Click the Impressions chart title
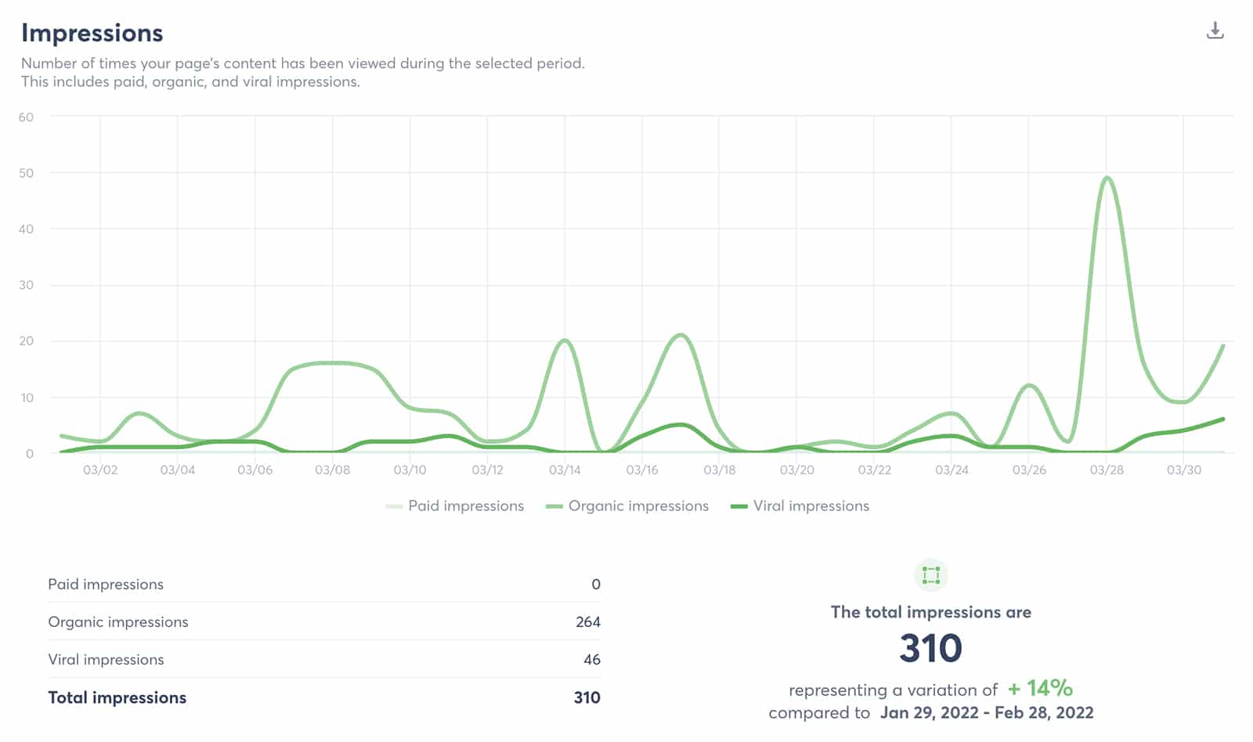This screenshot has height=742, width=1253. pyautogui.click(x=92, y=33)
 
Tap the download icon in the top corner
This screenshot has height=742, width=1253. pyautogui.click(x=1215, y=31)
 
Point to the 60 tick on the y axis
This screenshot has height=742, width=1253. pyautogui.click(x=27, y=117)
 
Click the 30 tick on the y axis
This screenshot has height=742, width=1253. pyautogui.click(x=27, y=285)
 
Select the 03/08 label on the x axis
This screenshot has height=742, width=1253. pyautogui.click(x=332, y=470)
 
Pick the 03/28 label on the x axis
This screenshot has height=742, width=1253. pyautogui.click(x=1107, y=470)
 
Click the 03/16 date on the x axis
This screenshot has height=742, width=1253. pyautogui.click(x=642, y=470)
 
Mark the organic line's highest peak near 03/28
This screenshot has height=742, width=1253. pyautogui.click(x=1107, y=178)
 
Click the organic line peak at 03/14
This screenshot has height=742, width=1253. pyautogui.click(x=565, y=340)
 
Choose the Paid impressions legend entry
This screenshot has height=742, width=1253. pyautogui.click(x=465, y=506)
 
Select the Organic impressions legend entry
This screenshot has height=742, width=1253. pyautogui.click(x=637, y=506)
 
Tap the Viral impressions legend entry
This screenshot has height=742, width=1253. pyautogui.click(x=811, y=506)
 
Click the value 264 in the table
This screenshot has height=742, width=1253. pyautogui.click(x=587, y=621)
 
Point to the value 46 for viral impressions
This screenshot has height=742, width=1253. pyautogui.click(x=592, y=659)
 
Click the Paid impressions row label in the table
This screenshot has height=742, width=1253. pyautogui.click(x=106, y=584)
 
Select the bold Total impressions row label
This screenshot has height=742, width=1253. pyautogui.click(x=117, y=697)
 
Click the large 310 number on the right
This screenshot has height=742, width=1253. pyautogui.click(x=930, y=648)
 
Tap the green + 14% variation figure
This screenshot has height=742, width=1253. pyautogui.click(x=1040, y=688)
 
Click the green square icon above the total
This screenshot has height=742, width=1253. pyautogui.click(x=930, y=575)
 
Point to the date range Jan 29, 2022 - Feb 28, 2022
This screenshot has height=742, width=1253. pyautogui.click(x=987, y=712)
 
